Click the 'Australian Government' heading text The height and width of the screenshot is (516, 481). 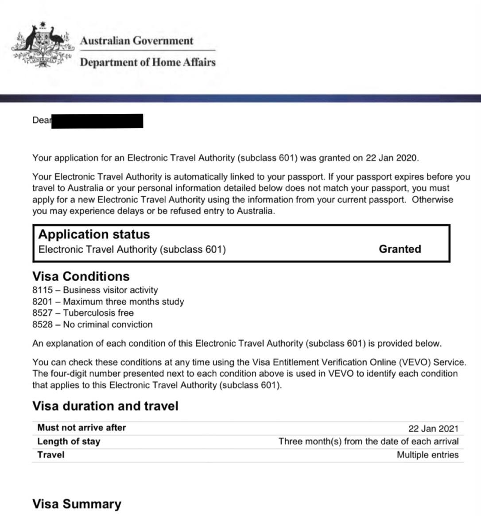[x=136, y=41]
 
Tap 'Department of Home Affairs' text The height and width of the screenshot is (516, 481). [x=147, y=62]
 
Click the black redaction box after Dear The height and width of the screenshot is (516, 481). [x=97, y=121]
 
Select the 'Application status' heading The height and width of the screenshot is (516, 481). [x=94, y=234]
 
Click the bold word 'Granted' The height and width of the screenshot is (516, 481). [x=400, y=249]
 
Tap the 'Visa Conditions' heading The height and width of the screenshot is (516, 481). [x=81, y=276]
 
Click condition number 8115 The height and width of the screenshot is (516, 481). [x=42, y=290]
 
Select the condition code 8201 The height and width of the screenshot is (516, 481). [x=42, y=301]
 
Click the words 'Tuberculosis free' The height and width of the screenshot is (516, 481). [x=98, y=313]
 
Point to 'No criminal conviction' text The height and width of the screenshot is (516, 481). [x=108, y=324]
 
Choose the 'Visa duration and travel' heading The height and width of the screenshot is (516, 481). [x=105, y=406]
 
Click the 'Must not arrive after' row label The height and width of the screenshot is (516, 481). [x=81, y=428]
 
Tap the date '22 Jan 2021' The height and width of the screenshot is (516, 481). [x=433, y=428]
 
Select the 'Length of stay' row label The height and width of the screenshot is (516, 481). [x=69, y=442]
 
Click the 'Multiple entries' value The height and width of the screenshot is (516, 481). [x=427, y=455]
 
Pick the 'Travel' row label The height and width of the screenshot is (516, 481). [x=50, y=455]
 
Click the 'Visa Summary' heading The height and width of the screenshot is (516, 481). [x=77, y=504]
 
